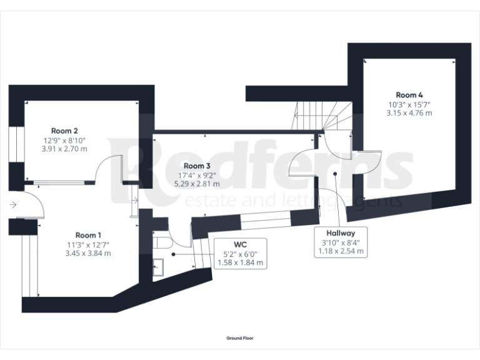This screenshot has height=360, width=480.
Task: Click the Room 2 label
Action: click(x=64, y=131)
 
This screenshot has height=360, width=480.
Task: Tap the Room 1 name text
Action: click(x=89, y=235)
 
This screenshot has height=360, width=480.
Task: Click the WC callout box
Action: click(x=241, y=254)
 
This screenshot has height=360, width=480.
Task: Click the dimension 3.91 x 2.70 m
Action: click(x=64, y=149)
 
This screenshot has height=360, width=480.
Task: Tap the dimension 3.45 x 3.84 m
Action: click(x=89, y=253)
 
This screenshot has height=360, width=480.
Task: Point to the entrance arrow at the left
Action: click(x=13, y=204)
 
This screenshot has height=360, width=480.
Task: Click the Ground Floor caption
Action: click(x=240, y=338)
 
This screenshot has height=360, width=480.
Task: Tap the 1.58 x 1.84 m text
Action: click(x=241, y=263)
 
